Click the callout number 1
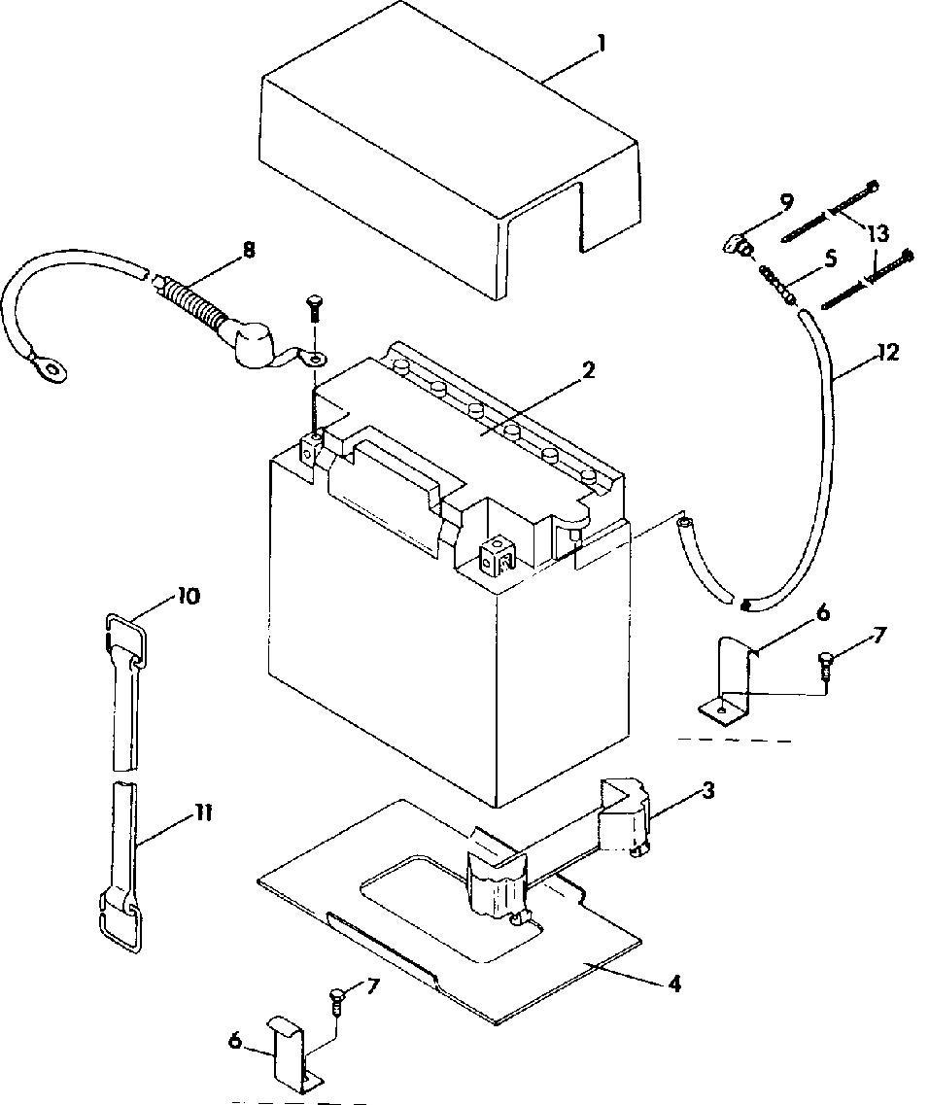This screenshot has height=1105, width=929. (x=602, y=43)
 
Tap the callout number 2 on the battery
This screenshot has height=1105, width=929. (x=588, y=370)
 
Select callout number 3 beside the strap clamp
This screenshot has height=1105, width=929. (x=707, y=790)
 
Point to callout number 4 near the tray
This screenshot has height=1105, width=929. (x=673, y=984)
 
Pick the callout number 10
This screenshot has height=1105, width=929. (x=188, y=596)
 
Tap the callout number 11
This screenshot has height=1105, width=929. (x=204, y=814)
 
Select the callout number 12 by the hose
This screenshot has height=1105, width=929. (x=889, y=352)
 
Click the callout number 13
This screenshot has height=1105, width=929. (x=878, y=232)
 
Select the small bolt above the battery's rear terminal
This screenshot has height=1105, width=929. (x=313, y=311)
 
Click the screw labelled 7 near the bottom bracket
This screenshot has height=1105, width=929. (x=337, y=1001)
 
